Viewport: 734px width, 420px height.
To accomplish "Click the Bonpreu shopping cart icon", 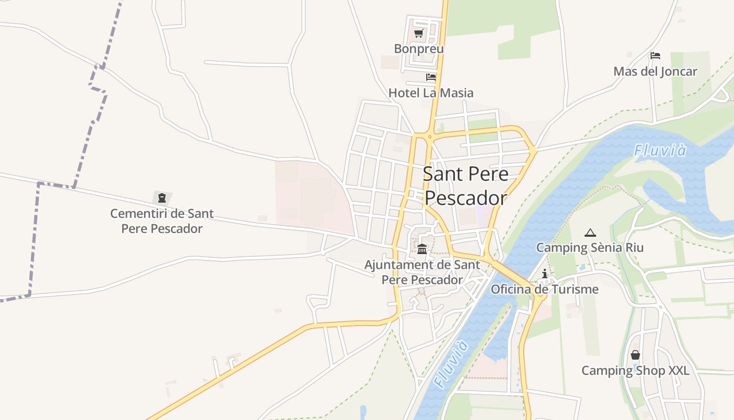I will click(418, 34).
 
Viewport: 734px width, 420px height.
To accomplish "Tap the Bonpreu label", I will click(419, 49).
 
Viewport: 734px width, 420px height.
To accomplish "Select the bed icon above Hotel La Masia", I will click(431, 77).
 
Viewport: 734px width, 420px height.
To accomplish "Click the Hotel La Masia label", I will click(431, 93).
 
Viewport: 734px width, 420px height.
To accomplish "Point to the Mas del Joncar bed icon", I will click(655, 56).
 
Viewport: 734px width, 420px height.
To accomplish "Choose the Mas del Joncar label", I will click(655, 71).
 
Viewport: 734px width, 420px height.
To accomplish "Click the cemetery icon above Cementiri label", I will click(162, 198).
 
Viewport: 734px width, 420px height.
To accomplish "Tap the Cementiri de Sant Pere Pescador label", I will click(162, 221).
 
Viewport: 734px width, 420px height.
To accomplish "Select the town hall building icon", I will click(422, 248).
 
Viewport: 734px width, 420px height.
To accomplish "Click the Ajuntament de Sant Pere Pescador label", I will click(422, 272).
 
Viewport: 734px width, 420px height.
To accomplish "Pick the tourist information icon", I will click(545, 274).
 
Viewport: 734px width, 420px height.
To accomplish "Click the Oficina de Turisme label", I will click(545, 289).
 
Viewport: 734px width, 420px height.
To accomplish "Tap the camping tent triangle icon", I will click(590, 233).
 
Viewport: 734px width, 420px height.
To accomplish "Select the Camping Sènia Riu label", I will click(590, 247).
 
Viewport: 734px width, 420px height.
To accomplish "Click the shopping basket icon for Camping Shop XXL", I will click(635, 355).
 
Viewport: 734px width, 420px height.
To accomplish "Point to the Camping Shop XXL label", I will click(635, 371).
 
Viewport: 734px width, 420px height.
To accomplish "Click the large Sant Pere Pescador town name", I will click(466, 186).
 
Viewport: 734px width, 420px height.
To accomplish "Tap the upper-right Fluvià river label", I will click(660, 151).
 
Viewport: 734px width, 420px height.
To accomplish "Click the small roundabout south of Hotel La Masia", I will click(429, 136).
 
